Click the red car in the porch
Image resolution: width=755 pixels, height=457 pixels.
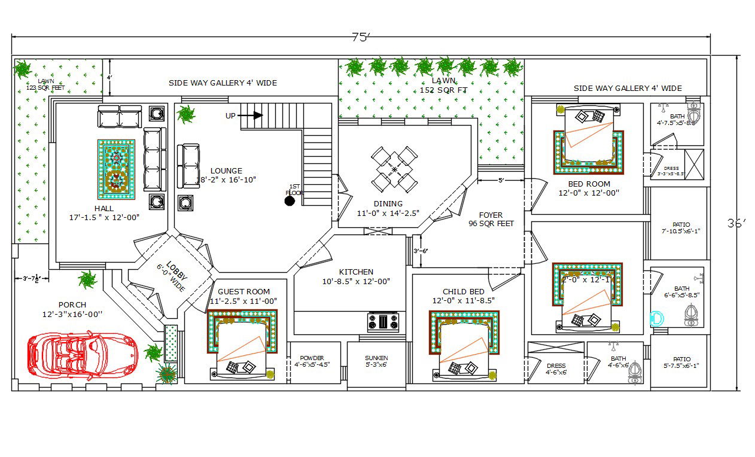[x=82, y=355]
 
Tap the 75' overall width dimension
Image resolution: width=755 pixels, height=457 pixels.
[x=361, y=38]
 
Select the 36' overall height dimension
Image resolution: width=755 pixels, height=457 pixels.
[x=737, y=224]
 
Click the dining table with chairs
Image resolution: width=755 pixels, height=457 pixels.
[x=394, y=169]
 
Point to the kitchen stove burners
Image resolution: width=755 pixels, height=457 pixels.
[x=383, y=322]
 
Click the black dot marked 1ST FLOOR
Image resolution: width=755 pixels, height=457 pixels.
[x=290, y=201]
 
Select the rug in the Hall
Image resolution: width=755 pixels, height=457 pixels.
[x=116, y=169]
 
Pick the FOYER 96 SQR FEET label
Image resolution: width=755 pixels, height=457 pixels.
[x=491, y=219]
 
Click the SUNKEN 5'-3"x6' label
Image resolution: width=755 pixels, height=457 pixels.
[x=376, y=361]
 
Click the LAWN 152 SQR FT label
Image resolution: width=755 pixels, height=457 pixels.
[x=443, y=86]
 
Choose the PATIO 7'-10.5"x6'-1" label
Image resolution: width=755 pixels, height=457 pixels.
[x=680, y=227]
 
